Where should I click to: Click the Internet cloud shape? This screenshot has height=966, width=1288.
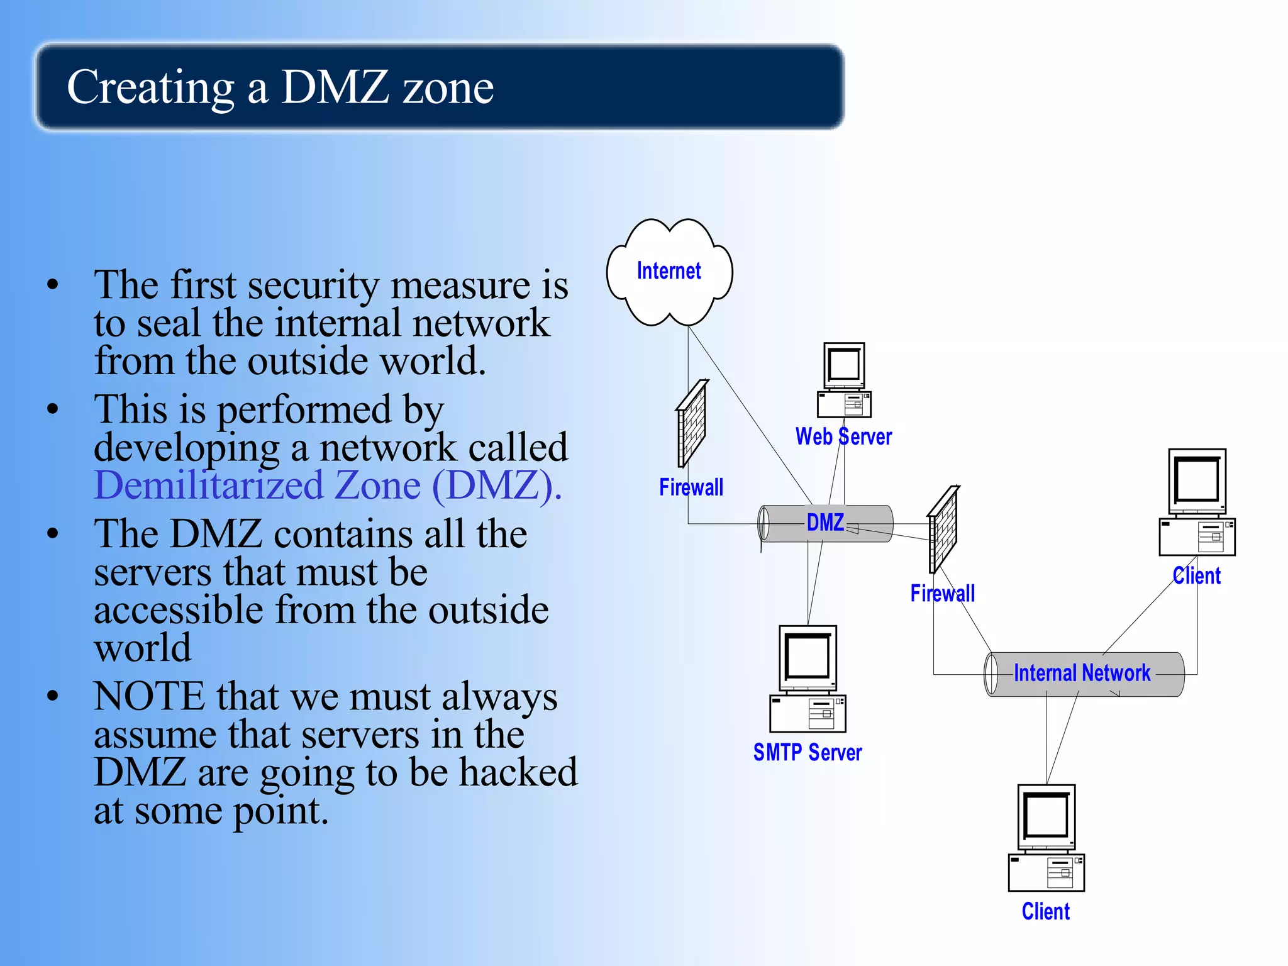669,272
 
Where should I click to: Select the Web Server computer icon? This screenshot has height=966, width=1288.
844,380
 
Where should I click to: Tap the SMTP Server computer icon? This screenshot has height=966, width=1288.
808,679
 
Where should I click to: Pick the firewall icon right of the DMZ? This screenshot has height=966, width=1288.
943,529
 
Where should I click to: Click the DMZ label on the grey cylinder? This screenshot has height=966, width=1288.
825,523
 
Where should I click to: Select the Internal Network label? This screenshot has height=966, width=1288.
1082,673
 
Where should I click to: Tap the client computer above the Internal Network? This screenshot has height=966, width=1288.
1197,502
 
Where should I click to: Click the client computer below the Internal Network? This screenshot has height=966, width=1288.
1046,838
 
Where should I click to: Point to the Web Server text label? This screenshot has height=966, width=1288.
843,436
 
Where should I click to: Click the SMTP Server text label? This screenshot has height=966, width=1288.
808,752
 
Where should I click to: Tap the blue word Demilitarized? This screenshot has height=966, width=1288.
208,486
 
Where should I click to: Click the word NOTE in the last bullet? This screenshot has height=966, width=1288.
149,696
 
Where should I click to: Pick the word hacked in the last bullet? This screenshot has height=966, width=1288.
518,772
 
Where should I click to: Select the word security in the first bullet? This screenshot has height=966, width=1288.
313,285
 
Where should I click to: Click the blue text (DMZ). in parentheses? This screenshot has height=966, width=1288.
497,486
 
